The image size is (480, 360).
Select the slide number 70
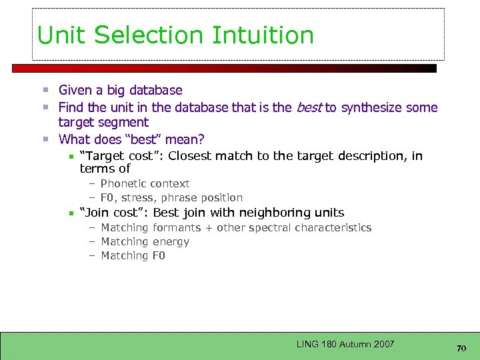461,348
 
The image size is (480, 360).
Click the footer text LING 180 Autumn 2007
345,344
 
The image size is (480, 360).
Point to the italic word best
309,107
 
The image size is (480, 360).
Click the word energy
171,242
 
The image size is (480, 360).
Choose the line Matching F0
133,256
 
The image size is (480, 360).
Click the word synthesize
372,107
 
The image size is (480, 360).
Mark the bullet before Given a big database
46,90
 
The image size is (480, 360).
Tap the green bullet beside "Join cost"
71,213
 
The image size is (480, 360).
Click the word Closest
191,156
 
